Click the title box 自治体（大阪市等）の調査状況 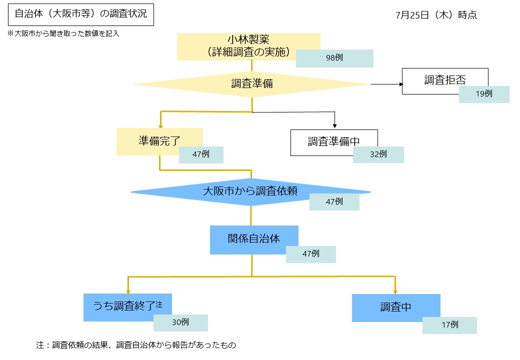(x=80, y=14)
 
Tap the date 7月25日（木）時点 (x=436, y=15)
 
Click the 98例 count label (x=334, y=58)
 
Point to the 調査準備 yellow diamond (x=251, y=84)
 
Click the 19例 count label (x=484, y=94)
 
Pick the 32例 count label (x=378, y=154)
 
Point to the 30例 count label (x=180, y=322)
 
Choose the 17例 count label (x=449, y=325)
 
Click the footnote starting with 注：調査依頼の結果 (x=135, y=345)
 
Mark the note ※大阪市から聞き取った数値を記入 (x=63, y=34)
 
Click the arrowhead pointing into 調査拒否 (x=400, y=84)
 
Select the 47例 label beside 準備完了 (x=201, y=154)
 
